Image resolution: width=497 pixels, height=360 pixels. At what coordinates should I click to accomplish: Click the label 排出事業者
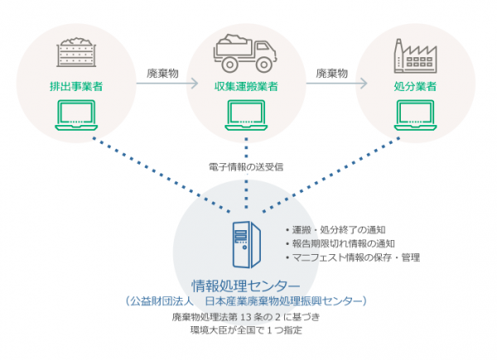point(76,86)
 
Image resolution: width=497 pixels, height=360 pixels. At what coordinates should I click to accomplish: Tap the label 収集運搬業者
point(246,86)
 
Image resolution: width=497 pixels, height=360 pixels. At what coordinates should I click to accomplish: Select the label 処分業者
point(415,86)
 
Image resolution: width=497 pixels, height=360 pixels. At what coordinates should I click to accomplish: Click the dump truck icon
point(245,53)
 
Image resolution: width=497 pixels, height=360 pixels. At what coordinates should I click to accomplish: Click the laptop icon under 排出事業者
point(76,115)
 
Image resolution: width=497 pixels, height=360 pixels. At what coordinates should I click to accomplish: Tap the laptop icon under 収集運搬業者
point(246,115)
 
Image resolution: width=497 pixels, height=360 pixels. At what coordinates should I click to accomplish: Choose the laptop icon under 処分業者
point(415,115)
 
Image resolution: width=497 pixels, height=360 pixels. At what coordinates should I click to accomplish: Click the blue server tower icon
point(247,244)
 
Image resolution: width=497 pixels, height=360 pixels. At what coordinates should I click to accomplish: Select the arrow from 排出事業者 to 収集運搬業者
point(167,84)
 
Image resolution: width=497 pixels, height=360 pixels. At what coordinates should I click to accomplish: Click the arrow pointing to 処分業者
point(336,84)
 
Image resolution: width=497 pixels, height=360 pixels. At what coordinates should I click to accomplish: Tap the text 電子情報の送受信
point(246,167)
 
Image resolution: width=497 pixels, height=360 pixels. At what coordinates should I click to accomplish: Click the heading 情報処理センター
point(246,286)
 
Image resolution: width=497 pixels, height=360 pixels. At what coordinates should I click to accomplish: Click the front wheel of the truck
point(263,65)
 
